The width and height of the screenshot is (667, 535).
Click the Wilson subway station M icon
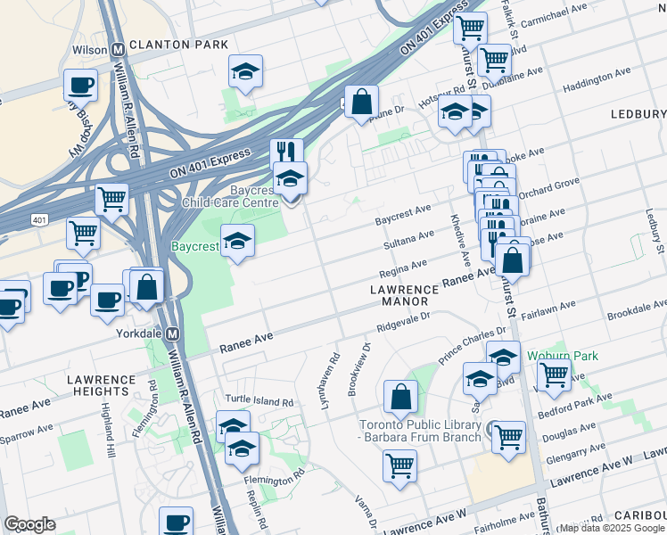(117, 50)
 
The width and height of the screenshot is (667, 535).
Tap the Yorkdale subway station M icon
(173, 332)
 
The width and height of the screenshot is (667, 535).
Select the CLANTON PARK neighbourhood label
(178, 44)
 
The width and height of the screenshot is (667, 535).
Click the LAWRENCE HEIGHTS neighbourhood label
(100, 385)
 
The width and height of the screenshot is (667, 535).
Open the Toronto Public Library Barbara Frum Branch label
(419, 431)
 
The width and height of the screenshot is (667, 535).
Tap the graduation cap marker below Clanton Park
(245, 71)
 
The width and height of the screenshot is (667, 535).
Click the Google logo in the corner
(29, 524)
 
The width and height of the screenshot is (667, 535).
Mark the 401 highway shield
(38, 218)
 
